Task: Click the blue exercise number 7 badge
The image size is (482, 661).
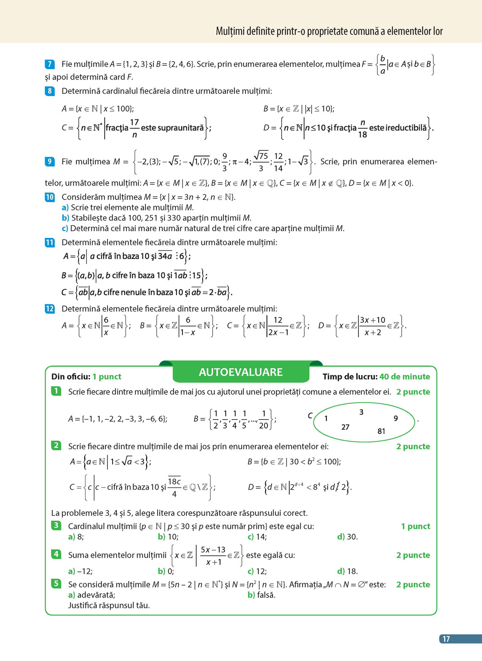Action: click(50, 64)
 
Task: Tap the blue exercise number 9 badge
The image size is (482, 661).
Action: click(50, 161)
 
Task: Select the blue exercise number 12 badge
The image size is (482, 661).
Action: click(50, 309)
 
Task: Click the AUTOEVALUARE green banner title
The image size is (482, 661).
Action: click(241, 372)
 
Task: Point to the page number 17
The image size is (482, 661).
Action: click(446, 639)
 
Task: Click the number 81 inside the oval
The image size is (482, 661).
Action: click(381, 431)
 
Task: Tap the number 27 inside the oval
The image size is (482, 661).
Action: click(346, 427)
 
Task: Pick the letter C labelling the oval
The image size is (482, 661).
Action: click(310, 415)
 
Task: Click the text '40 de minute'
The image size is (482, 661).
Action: click(405, 377)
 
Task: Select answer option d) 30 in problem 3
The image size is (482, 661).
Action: click(347, 537)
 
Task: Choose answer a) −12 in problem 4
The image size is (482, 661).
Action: click(80, 571)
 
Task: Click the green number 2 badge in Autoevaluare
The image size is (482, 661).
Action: click(56, 446)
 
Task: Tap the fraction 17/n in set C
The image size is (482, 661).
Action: click(134, 128)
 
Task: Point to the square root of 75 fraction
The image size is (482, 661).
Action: click(261, 161)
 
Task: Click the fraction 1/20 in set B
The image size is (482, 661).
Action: click(264, 419)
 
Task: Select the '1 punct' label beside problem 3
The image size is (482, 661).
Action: click(415, 526)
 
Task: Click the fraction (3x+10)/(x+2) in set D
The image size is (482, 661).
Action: click(373, 326)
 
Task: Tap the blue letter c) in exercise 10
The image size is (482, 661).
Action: click(65, 228)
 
